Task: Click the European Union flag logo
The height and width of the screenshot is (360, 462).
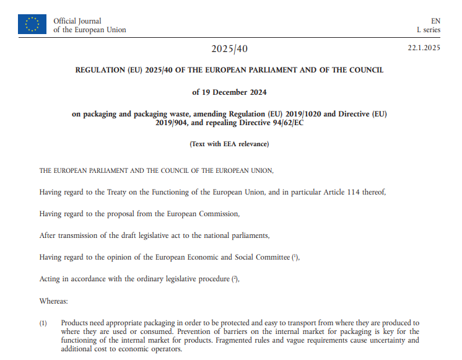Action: point(32,25)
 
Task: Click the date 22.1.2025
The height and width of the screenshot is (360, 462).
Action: point(424,48)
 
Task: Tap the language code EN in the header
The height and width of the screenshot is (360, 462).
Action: point(435,21)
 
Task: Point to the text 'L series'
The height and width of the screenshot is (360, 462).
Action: point(428,30)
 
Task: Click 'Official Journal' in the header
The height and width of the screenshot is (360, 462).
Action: point(77,21)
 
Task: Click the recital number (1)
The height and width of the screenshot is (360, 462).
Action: point(43,323)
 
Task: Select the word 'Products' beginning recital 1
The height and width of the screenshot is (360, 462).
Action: point(76,323)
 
